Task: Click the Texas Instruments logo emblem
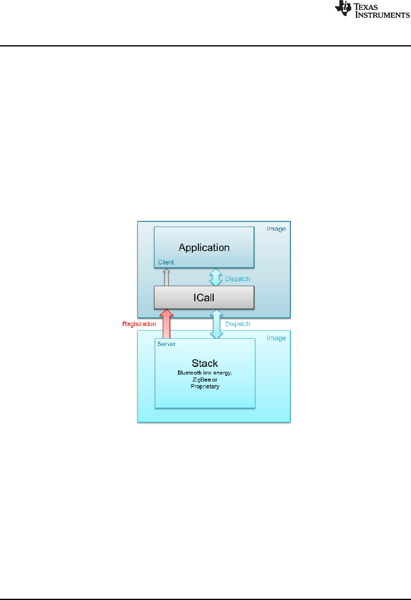(343, 9)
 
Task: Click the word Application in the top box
(204, 247)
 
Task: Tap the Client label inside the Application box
(166, 262)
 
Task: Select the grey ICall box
(204, 298)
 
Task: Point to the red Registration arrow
(166, 324)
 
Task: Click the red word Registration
(139, 324)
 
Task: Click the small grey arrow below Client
(166, 277)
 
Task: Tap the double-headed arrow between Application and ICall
(216, 277)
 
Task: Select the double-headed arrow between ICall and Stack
(216, 324)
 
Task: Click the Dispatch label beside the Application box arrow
(237, 279)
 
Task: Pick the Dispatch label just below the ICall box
(237, 324)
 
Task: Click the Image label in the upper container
(276, 229)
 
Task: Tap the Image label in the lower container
(276, 338)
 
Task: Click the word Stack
(205, 363)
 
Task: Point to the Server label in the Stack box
(166, 344)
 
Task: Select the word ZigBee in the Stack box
(201, 379)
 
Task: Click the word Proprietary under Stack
(205, 386)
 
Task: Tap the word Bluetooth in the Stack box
(190, 373)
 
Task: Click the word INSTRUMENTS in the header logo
(382, 15)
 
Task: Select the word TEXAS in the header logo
(366, 7)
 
